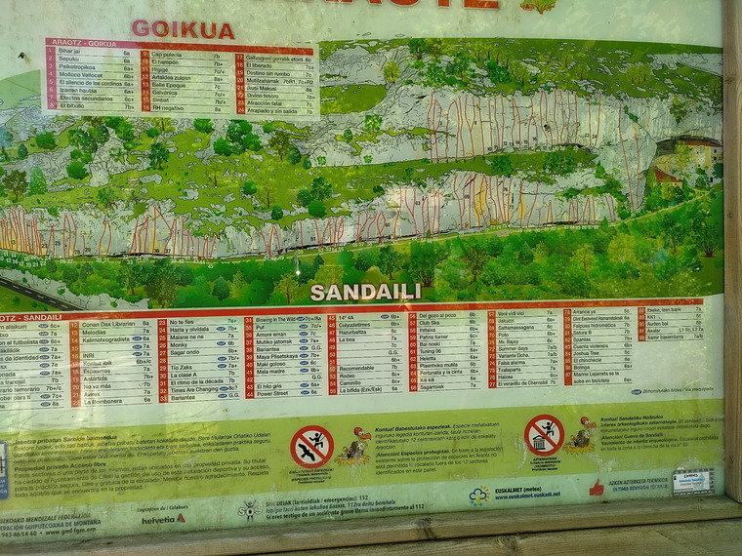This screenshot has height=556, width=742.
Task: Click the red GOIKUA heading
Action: click(183, 29)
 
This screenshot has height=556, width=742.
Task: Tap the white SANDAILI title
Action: click(365, 292)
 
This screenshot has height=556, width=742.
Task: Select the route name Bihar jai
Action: click(69, 51)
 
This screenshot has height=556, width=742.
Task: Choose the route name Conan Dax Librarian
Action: click(108, 324)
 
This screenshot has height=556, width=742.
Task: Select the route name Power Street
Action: click(272, 394)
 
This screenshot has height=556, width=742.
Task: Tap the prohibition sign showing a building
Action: click(543, 434)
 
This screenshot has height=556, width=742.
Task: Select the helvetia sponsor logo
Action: click(163, 518)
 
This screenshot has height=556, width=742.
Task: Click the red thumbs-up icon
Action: click(597, 487)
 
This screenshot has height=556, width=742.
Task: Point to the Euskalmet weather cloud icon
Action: click(478, 495)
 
